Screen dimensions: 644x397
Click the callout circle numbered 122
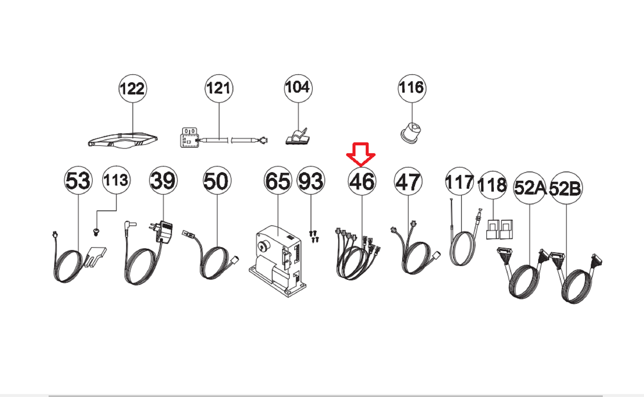[x=133, y=88]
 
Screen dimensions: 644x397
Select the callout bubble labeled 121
[x=219, y=88]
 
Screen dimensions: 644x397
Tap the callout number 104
[x=298, y=88]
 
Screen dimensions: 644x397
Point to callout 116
[x=412, y=88]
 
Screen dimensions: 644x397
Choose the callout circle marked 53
[x=78, y=180]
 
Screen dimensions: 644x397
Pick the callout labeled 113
[x=116, y=180]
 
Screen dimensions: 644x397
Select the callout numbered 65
[x=278, y=180]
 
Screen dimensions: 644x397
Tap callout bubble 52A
[x=530, y=188]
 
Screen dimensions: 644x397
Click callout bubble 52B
[x=566, y=188]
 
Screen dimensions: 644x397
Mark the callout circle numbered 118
[x=493, y=185]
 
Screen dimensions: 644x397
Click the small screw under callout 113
[x=96, y=232]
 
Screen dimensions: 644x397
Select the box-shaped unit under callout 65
[x=277, y=261]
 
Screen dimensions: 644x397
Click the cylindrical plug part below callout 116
[x=410, y=133]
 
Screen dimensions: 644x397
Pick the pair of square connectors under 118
[x=499, y=229]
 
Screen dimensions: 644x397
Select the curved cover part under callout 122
[x=123, y=140]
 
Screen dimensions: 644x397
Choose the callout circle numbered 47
[x=408, y=182]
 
